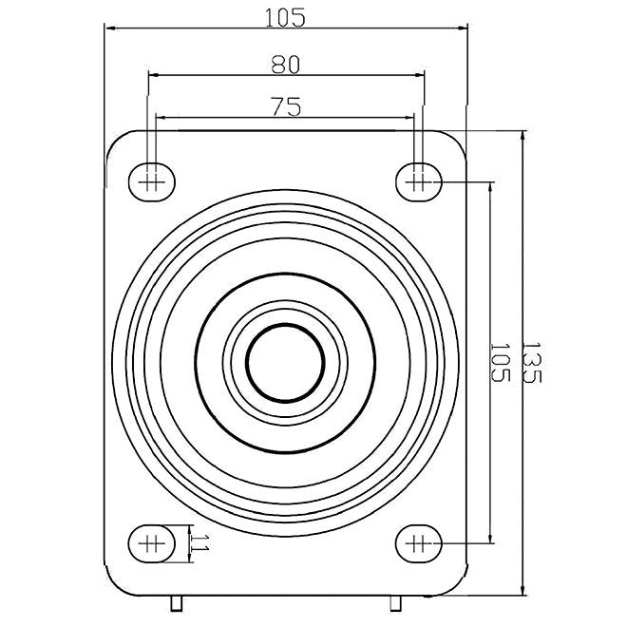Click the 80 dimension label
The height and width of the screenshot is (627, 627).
click(x=285, y=65)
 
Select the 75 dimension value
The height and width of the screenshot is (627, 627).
click(x=286, y=106)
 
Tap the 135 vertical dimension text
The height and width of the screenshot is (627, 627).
click(x=532, y=362)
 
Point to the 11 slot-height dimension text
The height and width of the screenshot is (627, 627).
click(x=199, y=543)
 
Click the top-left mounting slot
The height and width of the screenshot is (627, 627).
click(x=152, y=182)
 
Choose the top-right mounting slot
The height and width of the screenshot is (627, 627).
click(x=419, y=182)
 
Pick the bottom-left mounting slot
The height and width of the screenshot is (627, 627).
click(x=152, y=543)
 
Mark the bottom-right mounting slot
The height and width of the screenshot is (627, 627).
click(x=419, y=543)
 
